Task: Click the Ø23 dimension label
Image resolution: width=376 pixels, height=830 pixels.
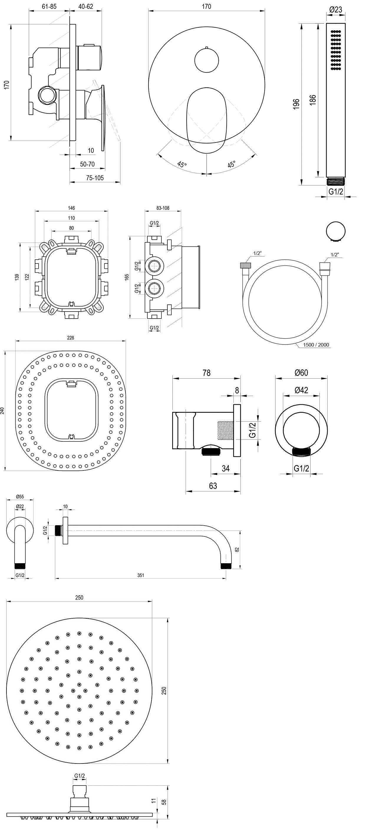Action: [336, 10]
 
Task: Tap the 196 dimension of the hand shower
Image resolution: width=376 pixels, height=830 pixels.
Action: [296, 104]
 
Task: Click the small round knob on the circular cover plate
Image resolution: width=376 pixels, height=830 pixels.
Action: [207, 60]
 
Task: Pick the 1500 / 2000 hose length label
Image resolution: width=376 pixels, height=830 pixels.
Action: [316, 345]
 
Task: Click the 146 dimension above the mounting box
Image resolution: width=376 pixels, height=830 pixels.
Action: [71, 208]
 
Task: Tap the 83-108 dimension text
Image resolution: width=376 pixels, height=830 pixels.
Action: [163, 208]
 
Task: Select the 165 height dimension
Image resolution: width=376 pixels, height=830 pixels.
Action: [127, 277]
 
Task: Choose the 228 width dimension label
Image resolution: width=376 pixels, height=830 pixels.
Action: [70, 338]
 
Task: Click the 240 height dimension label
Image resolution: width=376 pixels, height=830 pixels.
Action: [3, 410]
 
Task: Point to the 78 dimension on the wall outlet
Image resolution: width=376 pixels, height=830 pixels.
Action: [206, 373]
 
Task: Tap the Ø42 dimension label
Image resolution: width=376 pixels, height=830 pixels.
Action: [301, 390]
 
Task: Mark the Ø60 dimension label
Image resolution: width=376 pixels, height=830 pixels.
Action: [301, 372]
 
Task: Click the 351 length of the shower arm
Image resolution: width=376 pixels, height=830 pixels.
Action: [141, 575]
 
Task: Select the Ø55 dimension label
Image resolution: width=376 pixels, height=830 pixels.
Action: [20, 496]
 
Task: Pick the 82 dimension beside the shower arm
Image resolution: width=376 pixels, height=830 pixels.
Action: [238, 549]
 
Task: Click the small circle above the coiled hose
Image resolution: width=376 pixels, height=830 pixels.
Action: [336, 231]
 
